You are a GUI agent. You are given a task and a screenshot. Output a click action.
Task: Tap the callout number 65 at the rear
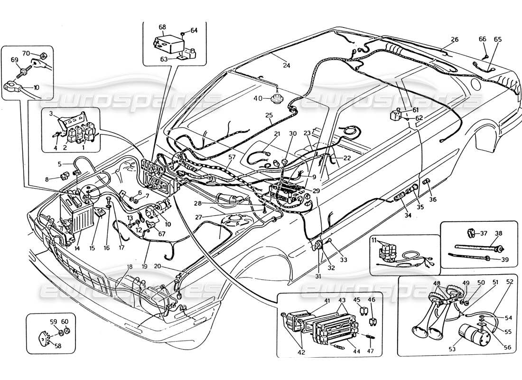tap(497, 39)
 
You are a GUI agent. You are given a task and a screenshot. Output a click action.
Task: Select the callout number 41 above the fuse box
tap(327, 300)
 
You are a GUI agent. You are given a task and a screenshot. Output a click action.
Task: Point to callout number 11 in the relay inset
tap(374, 240)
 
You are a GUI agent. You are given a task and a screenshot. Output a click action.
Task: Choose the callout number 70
tap(26, 53)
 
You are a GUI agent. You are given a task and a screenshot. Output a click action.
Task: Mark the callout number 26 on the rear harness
tap(454, 39)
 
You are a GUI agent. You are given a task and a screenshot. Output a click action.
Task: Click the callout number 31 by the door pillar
tap(318, 277)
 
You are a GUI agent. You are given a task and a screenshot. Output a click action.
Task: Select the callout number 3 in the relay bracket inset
tap(51, 114)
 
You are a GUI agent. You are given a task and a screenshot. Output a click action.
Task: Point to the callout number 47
tap(371, 351)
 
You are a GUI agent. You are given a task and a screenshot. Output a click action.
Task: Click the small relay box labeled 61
tap(396, 115)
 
